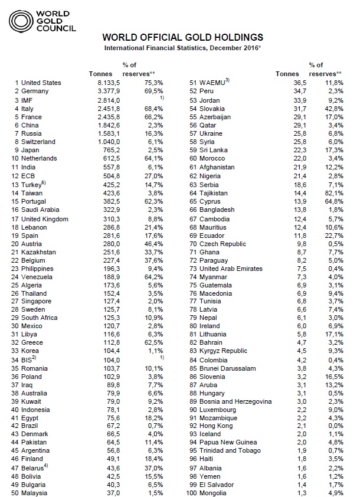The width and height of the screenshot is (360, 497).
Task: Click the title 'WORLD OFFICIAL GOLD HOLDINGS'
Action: [x=182, y=37]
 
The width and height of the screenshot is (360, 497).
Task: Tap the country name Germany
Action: [x=35, y=91]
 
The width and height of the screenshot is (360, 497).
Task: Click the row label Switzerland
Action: [x=38, y=142]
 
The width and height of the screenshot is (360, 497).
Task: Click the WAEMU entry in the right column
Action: [x=212, y=83]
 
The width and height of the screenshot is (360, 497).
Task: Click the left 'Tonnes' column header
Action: [x=100, y=73]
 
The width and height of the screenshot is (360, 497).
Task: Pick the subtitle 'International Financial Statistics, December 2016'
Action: [x=182, y=47]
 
